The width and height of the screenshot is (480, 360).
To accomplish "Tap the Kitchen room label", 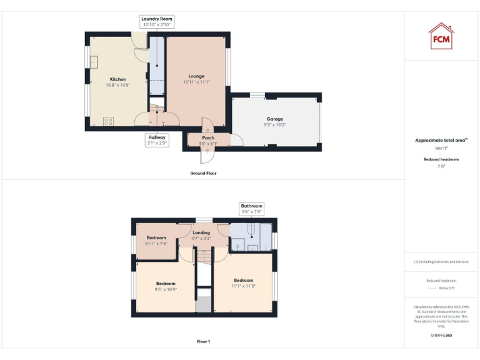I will [x=118, y=79].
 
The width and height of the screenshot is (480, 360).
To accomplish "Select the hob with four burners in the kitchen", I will [x=108, y=121].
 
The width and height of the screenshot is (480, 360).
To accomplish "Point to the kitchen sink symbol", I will [x=94, y=62].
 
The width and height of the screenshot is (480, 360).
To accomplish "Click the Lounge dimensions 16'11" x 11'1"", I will [x=196, y=82].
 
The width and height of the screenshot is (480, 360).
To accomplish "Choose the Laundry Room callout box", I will [x=156, y=22].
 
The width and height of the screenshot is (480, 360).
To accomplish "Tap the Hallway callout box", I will [x=157, y=140].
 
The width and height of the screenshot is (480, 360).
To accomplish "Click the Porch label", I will [x=208, y=137].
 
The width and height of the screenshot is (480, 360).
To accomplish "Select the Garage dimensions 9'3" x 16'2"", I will [x=275, y=124].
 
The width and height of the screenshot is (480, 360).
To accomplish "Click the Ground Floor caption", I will [x=203, y=173].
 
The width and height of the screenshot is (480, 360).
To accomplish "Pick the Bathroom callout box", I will [x=252, y=209].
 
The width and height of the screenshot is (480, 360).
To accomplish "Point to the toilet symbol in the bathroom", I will [x=248, y=233].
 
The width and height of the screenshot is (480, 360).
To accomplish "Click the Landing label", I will [x=201, y=232].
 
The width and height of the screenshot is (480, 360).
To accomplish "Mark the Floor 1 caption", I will [x=203, y=342].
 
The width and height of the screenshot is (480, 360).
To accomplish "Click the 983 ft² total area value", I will [x=441, y=149].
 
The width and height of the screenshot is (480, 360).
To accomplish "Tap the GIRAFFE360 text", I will [x=441, y=336].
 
